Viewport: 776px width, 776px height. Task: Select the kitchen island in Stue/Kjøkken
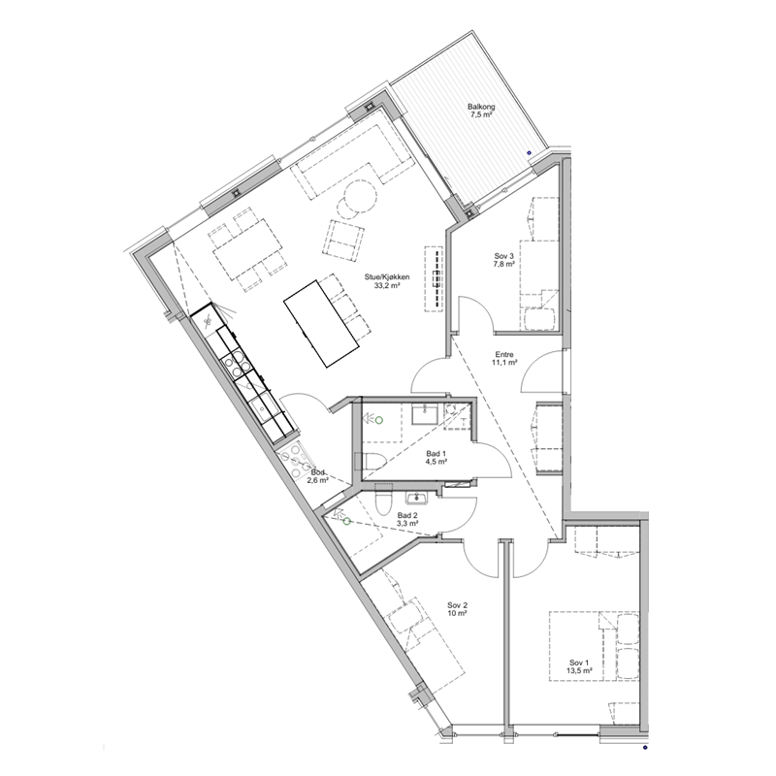point(322,324)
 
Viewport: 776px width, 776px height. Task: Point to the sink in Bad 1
point(425,414)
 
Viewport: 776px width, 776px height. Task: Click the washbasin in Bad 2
point(415,497)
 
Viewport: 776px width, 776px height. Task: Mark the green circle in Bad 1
point(379,420)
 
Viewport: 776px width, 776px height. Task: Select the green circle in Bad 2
point(347,521)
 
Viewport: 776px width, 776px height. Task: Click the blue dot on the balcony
point(529,153)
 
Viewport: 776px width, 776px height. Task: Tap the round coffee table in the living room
point(360,196)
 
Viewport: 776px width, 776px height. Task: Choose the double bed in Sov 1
point(594,646)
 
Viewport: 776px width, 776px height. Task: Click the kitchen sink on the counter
point(263,409)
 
